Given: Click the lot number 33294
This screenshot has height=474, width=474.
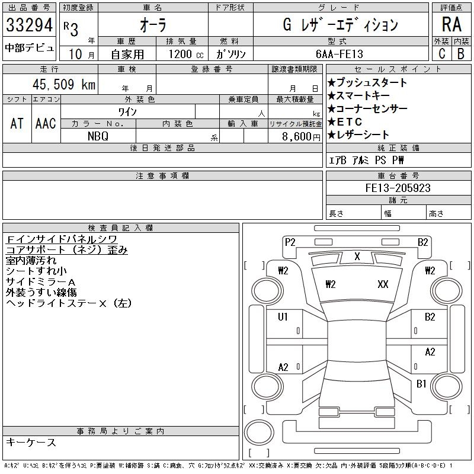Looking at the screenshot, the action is coord(29,25).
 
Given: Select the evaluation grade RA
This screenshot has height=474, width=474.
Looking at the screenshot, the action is coord(451,25).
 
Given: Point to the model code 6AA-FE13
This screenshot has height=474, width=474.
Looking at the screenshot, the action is coord(340,54).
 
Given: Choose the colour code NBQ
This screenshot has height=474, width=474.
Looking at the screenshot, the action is coord(98,136).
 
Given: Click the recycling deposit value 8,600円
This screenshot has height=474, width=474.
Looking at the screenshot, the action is coord(294,136).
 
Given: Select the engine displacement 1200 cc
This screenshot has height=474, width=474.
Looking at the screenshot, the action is coord(185,54).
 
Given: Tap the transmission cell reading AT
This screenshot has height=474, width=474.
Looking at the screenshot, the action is coord(17,123).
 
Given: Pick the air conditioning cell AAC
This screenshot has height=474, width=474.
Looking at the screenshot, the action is coord(46,123).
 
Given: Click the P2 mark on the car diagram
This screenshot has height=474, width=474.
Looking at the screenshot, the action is coord(290,242).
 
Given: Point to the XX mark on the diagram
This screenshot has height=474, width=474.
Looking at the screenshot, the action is coord(383,284).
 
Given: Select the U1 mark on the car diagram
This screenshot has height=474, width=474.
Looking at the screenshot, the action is coord(283,317).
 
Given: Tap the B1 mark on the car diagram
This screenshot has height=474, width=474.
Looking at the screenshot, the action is coord(421,384).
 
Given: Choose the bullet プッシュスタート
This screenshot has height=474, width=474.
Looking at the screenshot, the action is coord(367,83).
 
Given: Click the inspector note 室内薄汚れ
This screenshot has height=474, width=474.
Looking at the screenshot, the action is coord(31,260).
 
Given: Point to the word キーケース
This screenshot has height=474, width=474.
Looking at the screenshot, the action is coord(31,443).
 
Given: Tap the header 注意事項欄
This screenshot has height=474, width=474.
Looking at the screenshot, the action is coord(162,176).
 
